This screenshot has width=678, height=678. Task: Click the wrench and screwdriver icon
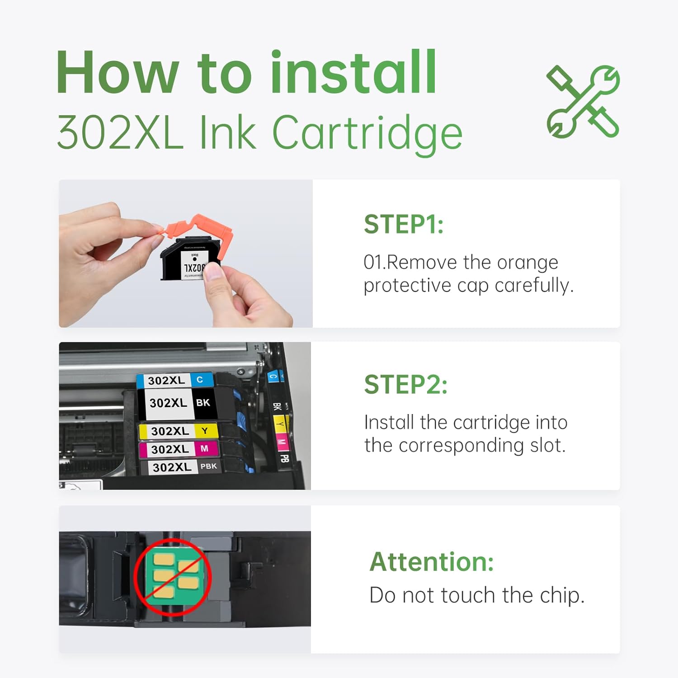(583, 102)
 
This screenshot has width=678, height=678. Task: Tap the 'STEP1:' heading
(404, 224)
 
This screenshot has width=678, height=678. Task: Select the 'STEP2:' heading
(405, 385)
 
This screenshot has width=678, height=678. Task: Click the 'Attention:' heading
(432, 562)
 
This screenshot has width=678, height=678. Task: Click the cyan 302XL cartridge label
(175, 380)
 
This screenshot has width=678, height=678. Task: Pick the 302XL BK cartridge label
(179, 403)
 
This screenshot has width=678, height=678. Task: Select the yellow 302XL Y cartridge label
(179, 431)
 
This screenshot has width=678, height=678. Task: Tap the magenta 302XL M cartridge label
(179, 449)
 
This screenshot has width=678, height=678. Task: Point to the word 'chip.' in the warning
(562, 596)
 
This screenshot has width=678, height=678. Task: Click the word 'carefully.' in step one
(534, 286)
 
